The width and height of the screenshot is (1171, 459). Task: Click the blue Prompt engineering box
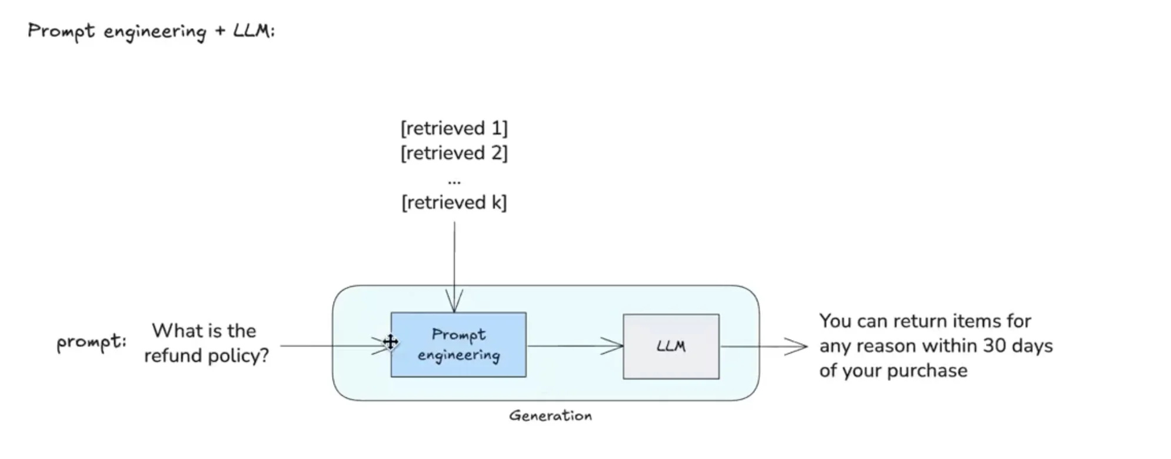coord(458,345)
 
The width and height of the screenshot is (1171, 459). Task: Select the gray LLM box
coord(671,346)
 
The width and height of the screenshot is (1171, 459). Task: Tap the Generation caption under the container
coord(550,415)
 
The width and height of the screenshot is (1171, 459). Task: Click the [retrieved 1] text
coord(454,128)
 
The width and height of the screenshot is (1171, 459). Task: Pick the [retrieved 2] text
coord(454,153)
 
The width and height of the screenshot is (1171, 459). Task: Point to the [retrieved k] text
coord(454,202)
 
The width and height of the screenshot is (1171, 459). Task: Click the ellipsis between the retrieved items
coord(454,181)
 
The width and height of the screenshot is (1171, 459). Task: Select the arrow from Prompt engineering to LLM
coord(574,346)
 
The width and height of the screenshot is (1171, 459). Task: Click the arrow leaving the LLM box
coord(763,346)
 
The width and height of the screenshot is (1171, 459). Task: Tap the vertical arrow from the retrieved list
coord(454,265)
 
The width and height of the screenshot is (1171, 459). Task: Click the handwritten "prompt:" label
coord(91,341)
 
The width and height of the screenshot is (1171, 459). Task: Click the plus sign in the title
coord(220,30)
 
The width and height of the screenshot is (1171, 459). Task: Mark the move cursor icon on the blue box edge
coord(390,342)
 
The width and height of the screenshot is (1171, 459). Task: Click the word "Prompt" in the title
coord(61,30)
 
